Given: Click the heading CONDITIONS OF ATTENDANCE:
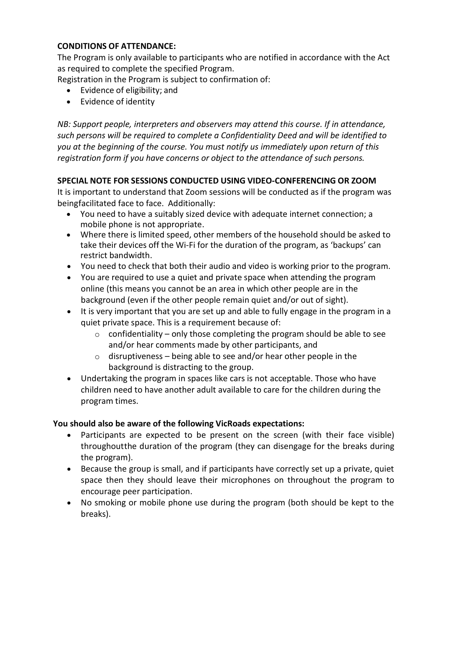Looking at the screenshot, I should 116,46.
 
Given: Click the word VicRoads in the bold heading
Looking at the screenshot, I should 233,423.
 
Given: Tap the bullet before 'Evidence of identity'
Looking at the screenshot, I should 69,102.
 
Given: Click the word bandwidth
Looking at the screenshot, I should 131,255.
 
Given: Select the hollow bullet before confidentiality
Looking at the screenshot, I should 97,334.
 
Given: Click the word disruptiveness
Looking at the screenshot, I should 135,356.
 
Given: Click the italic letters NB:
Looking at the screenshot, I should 64,124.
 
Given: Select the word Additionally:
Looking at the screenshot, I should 191,203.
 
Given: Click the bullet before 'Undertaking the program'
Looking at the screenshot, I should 69,379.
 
